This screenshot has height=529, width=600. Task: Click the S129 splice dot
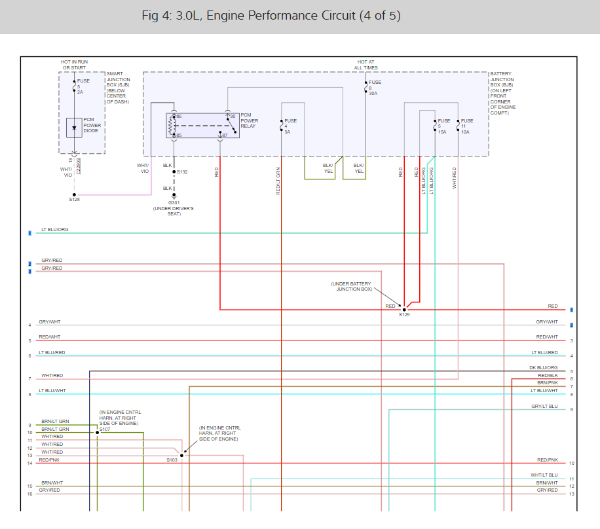coord(404,310)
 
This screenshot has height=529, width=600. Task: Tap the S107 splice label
coord(105,429)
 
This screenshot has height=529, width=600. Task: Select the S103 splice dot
coord(181,455)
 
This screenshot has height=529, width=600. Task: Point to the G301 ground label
coord(174,202)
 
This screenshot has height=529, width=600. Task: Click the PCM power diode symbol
coord(74,127)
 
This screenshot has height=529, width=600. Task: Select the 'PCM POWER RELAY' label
coord(249,121)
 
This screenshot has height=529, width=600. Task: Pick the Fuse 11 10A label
coord(466,126)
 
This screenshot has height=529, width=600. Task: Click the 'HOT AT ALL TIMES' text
coord(366,65)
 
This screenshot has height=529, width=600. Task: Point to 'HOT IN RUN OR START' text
coord(74,65)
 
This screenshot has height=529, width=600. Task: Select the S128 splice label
coord(74,199)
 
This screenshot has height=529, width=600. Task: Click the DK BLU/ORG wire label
coord(543,367)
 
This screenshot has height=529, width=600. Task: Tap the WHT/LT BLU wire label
coord(544,475)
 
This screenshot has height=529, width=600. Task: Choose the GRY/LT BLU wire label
coord(544,406)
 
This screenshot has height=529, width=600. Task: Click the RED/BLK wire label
coord(547,375)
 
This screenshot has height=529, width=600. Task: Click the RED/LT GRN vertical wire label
coord(278,181)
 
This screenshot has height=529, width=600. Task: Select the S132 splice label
coord(182,172)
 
